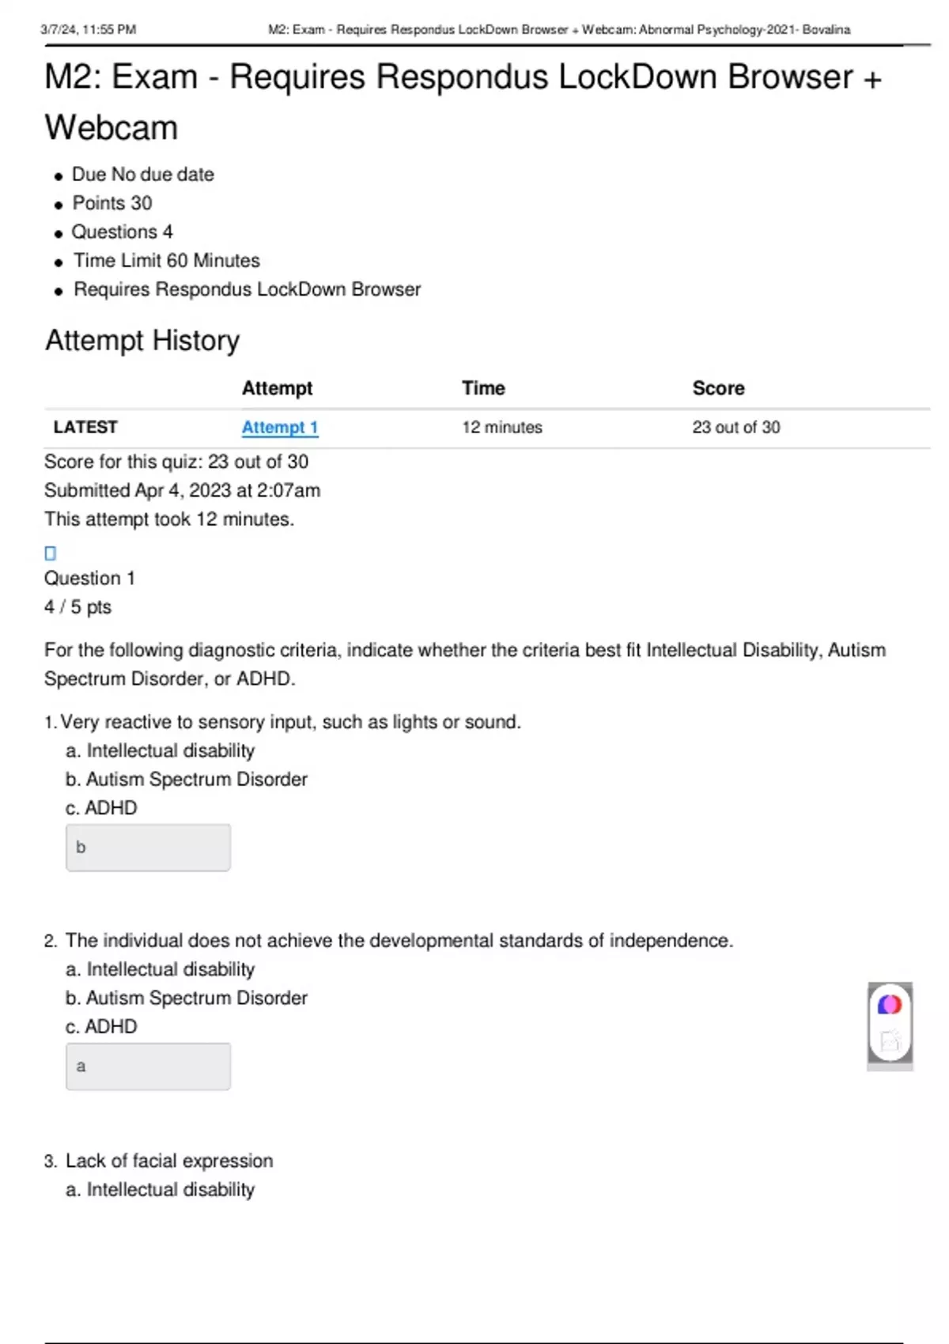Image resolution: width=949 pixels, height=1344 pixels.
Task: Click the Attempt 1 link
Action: (x=280, y=428)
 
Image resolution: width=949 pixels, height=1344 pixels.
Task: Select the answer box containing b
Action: (x=148, y=848)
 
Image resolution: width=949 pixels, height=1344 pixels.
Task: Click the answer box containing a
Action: (x=148, y=1067)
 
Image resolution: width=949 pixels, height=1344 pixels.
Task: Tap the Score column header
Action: (x=718, y=388)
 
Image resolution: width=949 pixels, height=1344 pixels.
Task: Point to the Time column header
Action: (x=483, y=388)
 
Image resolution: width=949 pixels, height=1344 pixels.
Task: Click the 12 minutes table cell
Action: (x=502, y=428)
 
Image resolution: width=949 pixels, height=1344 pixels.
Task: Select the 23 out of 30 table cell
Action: (x=735, y=428)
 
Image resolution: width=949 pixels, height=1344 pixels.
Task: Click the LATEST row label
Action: (x=85, y=428)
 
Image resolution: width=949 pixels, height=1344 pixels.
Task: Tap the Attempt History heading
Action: (x=142, y=341)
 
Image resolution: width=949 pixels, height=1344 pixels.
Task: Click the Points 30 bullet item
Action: (x=112, y=203)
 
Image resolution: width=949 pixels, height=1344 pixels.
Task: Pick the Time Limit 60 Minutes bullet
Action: (x=166, y=261)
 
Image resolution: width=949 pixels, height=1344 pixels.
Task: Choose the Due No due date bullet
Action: (x=142, y=175)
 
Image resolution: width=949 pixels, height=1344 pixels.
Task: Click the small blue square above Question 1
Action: (x=51, y=553)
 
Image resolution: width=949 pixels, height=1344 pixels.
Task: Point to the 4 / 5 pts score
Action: (x=78, y=607)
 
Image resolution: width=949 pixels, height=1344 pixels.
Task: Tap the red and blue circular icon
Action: (x=890, y=1005)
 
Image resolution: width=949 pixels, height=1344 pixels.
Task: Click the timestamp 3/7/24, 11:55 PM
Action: (x=89, y=30)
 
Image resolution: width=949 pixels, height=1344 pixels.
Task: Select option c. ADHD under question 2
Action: (x=101, y=1027)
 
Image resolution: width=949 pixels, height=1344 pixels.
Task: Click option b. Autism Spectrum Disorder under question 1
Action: (x=187, y=780)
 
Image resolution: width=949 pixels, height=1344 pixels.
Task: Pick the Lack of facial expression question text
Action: (x=169, y=1161)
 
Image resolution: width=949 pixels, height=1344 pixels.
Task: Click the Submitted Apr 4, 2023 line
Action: (x=182, y=491)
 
